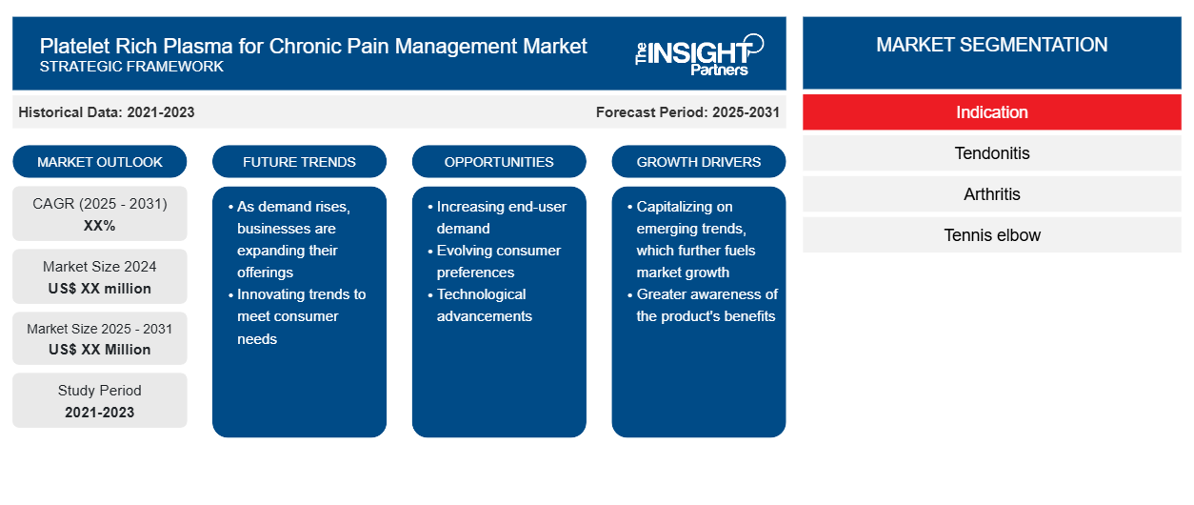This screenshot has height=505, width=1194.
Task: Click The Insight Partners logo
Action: pyautogui.click(x=699, y=55)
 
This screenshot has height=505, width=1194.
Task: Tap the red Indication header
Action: pyautogui.click(x=991, y=112)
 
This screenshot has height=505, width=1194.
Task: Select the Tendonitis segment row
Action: pyautogui.click(x=991, y=153)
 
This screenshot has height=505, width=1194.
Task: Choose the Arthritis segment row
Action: pyautogui.click(x=991, y=194)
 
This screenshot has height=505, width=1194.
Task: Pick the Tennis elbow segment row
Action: pyautogui.click(x=991, y=235)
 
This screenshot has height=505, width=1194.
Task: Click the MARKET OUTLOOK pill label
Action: pyautogui.click(x=100, y=162)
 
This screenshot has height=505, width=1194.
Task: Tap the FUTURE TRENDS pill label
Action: pyautogui.click(x=299, y=162)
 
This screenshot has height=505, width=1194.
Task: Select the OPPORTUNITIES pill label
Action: pyautogui.click(x=499, y=162)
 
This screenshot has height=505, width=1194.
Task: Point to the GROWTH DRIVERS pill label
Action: pyautogui.click(x=698, y=162)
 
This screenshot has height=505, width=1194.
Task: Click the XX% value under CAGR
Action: pyautogui.click(x=100, y=226)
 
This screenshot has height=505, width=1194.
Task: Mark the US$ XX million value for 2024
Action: pyautogui.click(x=100, y=289)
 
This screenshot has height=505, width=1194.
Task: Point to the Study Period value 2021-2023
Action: pyautogui.click(x=100, y=413)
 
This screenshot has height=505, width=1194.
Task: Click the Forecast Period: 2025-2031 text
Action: pyautogui.click(x=687, y=112)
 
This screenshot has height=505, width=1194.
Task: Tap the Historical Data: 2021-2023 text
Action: pyautogui.click(x=107, y=112)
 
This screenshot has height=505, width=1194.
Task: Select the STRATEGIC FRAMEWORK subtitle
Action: pyautogui.click(x=131, y=67)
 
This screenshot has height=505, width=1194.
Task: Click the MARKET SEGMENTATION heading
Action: pyautogui.click(x=991, y=45)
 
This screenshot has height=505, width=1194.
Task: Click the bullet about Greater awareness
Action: pyautogui.click(x=703, y=305)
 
